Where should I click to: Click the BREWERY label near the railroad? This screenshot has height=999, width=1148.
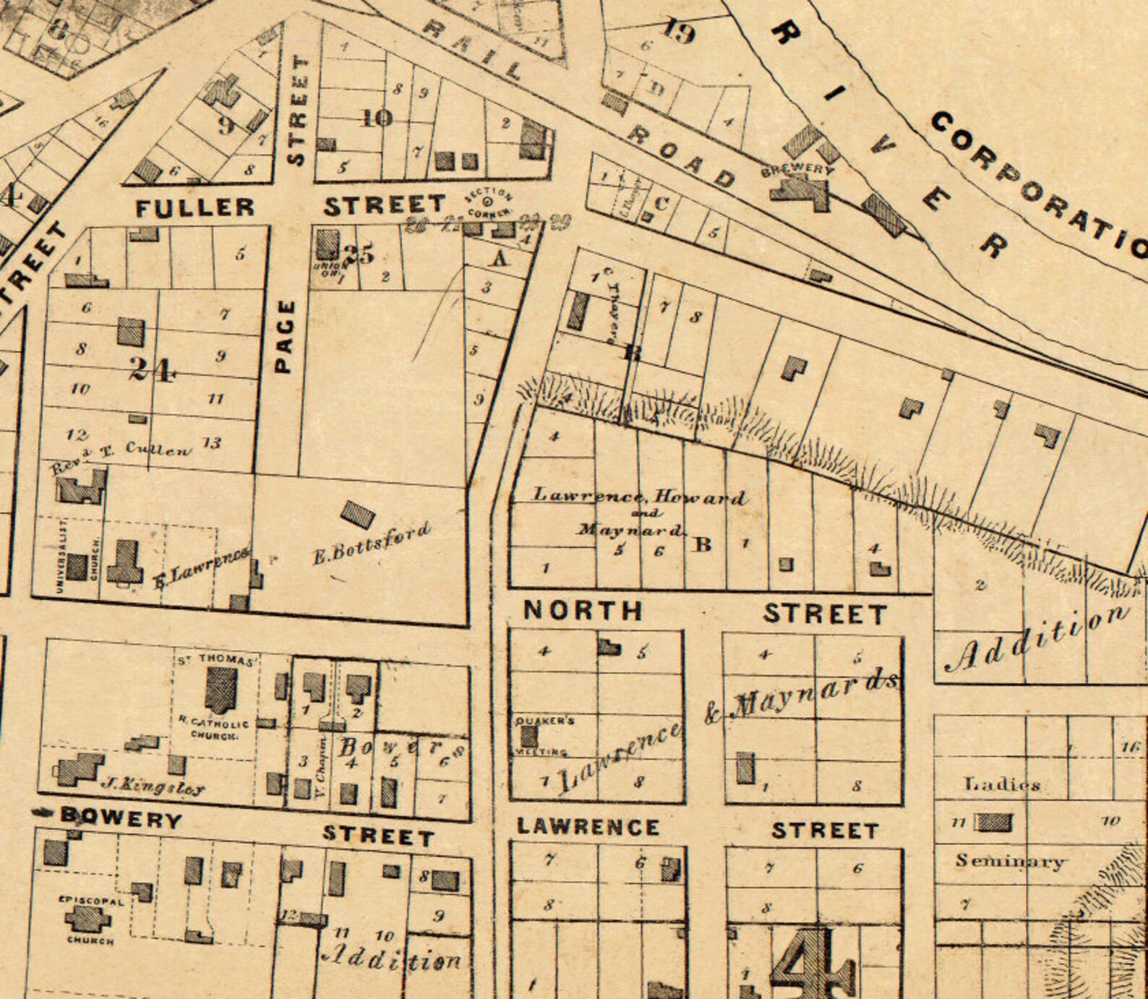(x=798, y=169)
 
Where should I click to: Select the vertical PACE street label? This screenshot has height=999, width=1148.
(x=286, y=336)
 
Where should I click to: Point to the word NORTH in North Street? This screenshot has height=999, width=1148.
(x=583, y=611)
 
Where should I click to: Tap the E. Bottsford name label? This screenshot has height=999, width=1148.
(x=372, y=543)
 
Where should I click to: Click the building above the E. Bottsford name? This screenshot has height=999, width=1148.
(x=358, y=515)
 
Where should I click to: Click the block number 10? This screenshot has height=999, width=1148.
(x=377, y=118)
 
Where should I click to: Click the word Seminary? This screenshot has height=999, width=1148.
(x=1009, y=861)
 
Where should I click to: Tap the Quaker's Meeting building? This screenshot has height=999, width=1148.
(x=529, y=737)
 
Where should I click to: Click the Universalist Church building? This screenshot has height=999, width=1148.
(x=77, y=566)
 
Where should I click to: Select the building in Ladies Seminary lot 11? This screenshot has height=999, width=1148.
(x=994, y=822)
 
